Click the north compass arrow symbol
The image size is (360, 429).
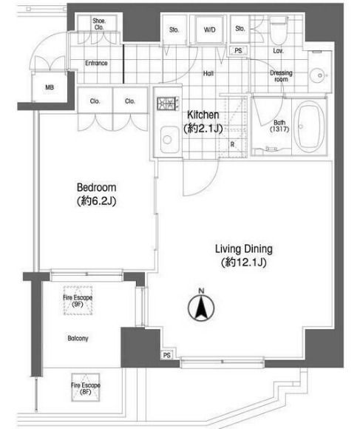[x=201, y=307]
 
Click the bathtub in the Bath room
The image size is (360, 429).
[x=310, y=127]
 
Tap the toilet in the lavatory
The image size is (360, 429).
[x=279, y=30]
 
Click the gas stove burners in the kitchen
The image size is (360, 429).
[x=168, y=104]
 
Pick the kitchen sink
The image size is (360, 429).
[x=169, y=140]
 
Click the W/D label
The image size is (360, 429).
[x=210, y=30]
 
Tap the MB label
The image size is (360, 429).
[x=50, y=87]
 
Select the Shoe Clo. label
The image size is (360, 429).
[x=99, y=24]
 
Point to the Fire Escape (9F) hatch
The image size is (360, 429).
[x=78, y=300]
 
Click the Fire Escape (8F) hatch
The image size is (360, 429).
[x=86, y=388]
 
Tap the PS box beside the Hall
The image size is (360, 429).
[x=238, y=50]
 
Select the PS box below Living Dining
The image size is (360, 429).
[x=167, y=355]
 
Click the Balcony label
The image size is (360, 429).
[x=78, y=339]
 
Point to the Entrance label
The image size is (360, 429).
[x=96, y=63]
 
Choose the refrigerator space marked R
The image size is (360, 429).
[x=233, y=126]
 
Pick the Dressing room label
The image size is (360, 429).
[x=281, y=76]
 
